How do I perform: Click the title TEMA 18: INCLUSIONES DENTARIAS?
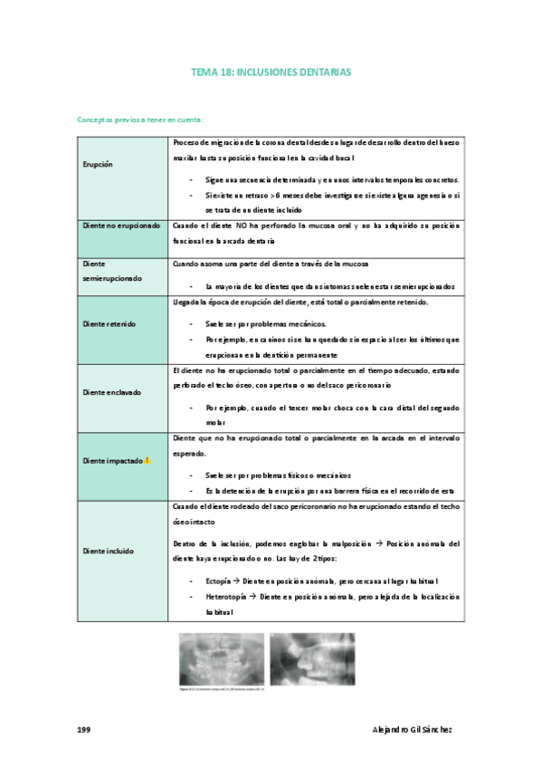coord(271,71)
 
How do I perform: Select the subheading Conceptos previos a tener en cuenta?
coord(140,120)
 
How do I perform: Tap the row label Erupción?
coord(98,166)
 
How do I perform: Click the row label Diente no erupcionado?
coord(121,225)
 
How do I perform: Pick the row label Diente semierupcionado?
coord(113,271)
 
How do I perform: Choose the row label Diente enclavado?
coord(110,392)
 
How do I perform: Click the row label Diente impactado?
coord(112,461)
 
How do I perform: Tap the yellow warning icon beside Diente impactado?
coord(147,460)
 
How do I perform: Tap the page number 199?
coord(83,729)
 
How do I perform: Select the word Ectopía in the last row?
coord(220,581)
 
